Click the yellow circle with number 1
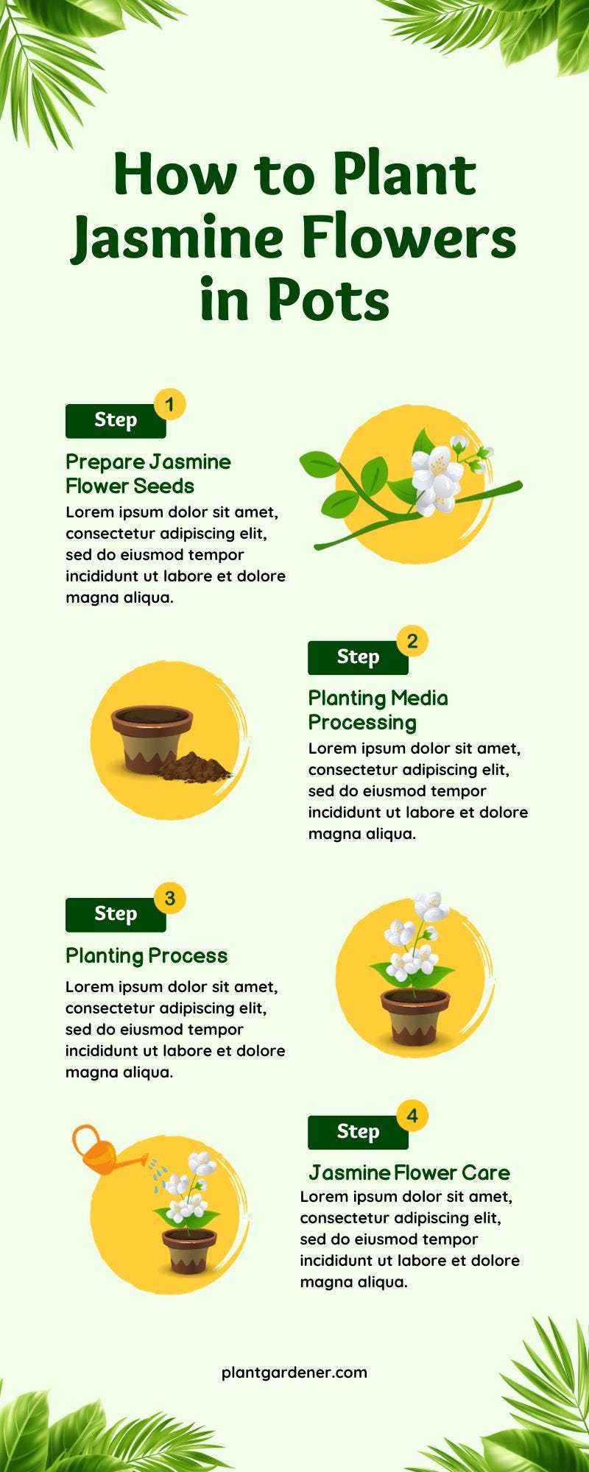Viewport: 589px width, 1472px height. tap(170, 405)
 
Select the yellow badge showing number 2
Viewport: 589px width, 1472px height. tap(412, 641)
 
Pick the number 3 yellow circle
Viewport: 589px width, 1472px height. tap(170, 899)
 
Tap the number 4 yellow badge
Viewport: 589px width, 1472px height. tap(412, 1116)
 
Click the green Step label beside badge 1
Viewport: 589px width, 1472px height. tap(116, 421)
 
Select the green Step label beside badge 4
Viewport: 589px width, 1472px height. tap(358, 1132)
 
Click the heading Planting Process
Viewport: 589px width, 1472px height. tap(147, 956)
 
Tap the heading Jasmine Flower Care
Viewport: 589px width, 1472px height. tap(409, 1172)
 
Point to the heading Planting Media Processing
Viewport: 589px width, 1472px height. tap(378, 710)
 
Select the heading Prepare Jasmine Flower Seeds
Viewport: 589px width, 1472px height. tap(147, 474)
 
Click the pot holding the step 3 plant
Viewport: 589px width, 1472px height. tap(415, 1016)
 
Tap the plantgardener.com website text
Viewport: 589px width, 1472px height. tap(294, 1373)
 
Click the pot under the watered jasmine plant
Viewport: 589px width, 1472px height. tap(190, 1250)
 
